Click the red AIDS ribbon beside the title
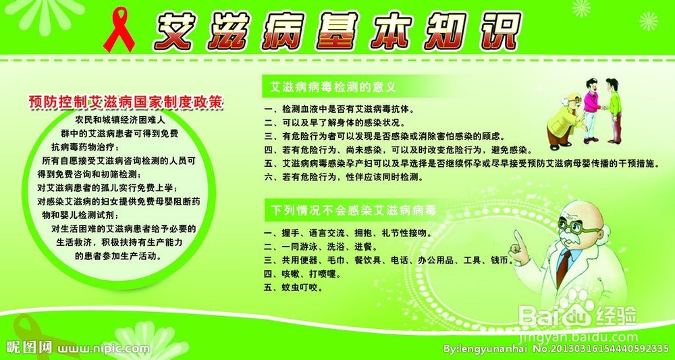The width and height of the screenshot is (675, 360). pyautogui.click(x=119, y=29)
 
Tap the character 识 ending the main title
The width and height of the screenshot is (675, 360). pyautogui.click(x=499, y=30)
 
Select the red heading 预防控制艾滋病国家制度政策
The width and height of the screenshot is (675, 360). pyautogui.click(x=126, y=103)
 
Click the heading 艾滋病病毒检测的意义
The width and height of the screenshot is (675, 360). pyautogui.click(x=332, y=88)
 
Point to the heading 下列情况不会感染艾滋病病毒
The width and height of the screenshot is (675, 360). pyautogui.click(x=354, y=211)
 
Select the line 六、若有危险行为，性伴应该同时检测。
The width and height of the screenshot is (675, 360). pyautogui.click(x=344, y=176)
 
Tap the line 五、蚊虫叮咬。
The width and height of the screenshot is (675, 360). pyautogui.click(x=294, y=288)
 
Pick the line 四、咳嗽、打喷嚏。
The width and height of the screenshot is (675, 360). pyautogui.click(x=303, y=274)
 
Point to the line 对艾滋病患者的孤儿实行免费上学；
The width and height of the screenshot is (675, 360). pyautogui.click(x=107, y=188)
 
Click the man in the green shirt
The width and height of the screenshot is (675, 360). pyautogui.click(x=614, y=110)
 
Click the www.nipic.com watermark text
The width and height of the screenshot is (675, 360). pyautogui.click(x=104, y=348)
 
